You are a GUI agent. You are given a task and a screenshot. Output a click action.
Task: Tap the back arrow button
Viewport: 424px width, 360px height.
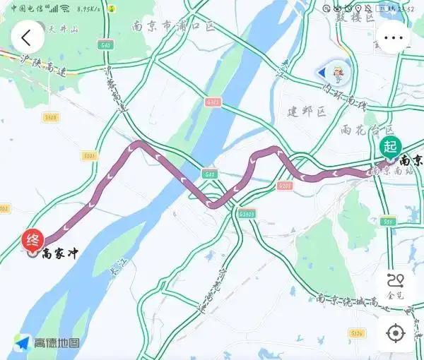pos(27,37)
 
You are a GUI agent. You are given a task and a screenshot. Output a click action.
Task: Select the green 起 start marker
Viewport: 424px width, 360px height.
pos(389,147)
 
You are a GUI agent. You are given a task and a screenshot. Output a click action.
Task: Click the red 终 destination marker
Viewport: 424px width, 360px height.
pos(33,240)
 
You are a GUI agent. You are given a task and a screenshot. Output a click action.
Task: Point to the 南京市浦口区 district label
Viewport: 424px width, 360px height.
pos(172,26)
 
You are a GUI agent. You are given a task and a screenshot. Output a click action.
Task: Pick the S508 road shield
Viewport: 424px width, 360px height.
pos(50,118)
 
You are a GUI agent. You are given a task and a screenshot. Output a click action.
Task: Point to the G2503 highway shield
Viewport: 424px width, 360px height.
pos(247,212)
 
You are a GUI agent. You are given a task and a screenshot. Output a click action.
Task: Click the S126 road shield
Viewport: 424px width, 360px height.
pos(357,333)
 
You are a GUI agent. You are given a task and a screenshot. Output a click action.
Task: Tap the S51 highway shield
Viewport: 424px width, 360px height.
pos(387,221)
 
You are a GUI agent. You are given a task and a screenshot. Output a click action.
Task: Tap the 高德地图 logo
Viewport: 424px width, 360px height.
pos(49,342)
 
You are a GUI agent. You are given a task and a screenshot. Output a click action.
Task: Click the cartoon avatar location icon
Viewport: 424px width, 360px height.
pos(334,72)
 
